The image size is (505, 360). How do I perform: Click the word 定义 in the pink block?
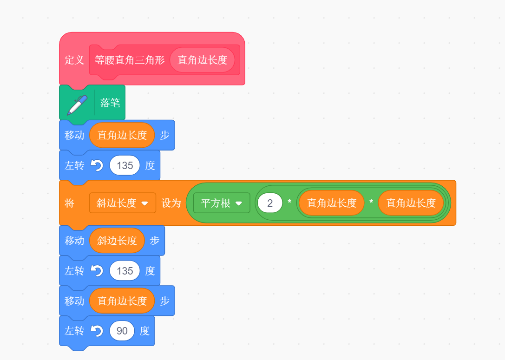tap(74, 60)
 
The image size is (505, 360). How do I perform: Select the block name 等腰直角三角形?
tap(130, 60)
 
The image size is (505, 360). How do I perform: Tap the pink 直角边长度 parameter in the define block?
tap(202, 60)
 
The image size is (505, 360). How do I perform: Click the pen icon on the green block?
tap(77, 105)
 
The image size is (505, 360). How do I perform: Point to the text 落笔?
tap(110, 103)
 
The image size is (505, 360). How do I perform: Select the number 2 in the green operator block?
tap(270, 203)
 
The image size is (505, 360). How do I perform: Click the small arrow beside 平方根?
tap(239, 203)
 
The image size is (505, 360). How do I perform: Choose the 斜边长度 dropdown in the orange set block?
tap(122, 203)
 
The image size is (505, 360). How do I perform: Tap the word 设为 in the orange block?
tap(171, 203)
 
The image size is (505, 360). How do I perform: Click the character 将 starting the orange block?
tap(69, 203)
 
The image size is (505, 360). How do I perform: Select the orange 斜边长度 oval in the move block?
tap(117, 241)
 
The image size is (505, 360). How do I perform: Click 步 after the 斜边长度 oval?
tap(155, 241)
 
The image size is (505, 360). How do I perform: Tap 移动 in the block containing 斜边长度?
tap(74, 241)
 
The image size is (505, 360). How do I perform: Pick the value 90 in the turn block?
tap(122, 331)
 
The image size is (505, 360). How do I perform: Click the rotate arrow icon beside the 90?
tap(97, 331)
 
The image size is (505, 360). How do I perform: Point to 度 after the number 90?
tap(144, 331)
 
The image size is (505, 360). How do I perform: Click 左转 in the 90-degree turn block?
tap(74, 331)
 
